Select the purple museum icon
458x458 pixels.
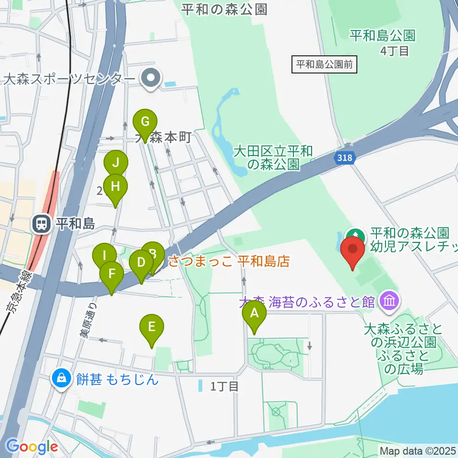point(390,301)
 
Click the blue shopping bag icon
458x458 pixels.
point(62,379)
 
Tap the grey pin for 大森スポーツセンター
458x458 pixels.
point(151,77)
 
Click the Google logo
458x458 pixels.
point(32,447)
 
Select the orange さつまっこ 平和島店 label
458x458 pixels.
point(229,261)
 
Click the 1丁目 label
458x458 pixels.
point(224,386)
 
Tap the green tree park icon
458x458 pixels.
point(354,235)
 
